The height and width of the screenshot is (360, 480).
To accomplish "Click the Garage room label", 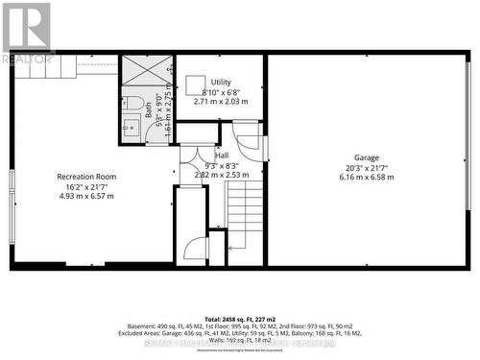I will click(366, 157).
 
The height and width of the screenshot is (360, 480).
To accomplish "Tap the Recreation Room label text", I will click(86, 176).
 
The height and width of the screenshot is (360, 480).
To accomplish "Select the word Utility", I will click(221, 83).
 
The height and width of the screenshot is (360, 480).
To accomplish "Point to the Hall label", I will click(222, 156).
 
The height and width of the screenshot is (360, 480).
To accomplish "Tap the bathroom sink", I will click(131, 127).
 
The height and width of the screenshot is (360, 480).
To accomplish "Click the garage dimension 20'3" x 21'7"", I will click(366, 167).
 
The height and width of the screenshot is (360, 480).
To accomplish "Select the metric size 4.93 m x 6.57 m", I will click(86, 196).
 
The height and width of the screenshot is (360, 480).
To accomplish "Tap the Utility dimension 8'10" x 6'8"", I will click(221, 92).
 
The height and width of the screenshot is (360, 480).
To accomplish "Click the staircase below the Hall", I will click(245, 216).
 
